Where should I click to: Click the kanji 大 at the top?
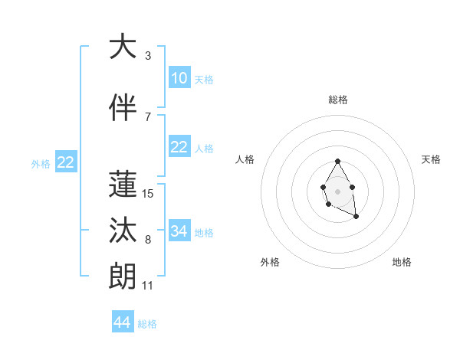[x=123, y=47]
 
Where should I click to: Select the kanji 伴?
[x=123, y=108]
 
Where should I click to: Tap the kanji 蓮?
[x=123, y=185]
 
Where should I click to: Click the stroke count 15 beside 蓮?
[x=148, y=194]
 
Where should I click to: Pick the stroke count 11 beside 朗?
[x=148, y=286]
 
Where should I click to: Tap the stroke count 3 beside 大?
[x=148, y=56]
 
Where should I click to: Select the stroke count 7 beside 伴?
[x=148, y=117]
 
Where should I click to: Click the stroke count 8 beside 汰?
[x=148, y=240]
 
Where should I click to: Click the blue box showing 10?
[x=179, y=77]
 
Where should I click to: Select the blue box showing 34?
[x=179, y=231]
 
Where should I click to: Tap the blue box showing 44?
[x=123, y=322]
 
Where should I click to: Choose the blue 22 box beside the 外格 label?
[x=65, y=162]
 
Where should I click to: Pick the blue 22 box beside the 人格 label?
[x=179, y=146]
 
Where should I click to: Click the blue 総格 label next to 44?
[x=147, y=324]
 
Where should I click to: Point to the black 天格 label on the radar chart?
[x=431, y=159]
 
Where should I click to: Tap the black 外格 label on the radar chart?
[x=270, y=262]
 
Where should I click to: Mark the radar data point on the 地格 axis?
[x=356, y=218]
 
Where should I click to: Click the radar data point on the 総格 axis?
[x=337, y=161]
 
